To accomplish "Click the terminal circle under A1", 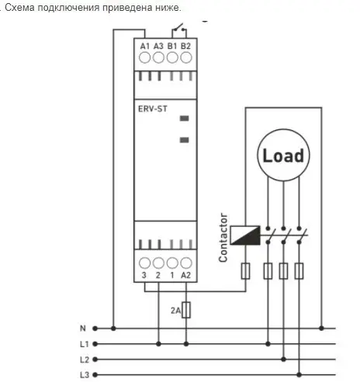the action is [x=144, y=57].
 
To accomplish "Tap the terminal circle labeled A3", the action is [x=158, y=57].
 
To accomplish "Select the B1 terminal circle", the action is [x=172, y=57].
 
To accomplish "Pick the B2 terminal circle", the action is [x=186, y=57].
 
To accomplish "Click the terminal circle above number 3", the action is [x=144, y=263].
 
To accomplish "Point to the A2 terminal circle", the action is [x=186, y=263].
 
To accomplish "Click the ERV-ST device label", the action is [x=153, y=108].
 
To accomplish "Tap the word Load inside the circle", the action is [x=283, y=156].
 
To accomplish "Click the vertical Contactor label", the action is [x=223, y=238].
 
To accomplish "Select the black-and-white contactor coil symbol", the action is [x=245, y=236].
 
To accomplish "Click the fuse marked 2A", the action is [x=186, y=310].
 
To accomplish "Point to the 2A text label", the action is [x=175, y=310].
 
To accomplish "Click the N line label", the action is [x=83, y=329].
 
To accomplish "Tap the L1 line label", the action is [x=85, y=344].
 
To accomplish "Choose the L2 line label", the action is [x=85, y=360].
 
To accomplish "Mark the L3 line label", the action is [x=85, y=375].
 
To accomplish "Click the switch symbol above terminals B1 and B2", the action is [x=179, y=29].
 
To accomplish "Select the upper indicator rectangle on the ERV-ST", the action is [x=185, y=119].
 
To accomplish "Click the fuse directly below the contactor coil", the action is [x=245, y=271].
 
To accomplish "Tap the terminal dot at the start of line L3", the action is [x=95, y=375].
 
